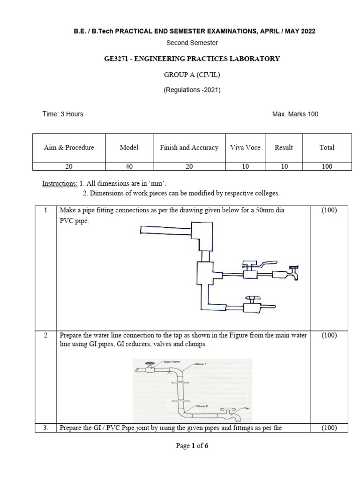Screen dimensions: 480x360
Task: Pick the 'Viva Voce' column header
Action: pos(245,147)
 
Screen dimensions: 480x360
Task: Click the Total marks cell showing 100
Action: pos(327,166)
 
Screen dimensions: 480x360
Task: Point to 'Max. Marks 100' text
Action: pos(295,114)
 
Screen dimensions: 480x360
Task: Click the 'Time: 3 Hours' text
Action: pos(63,114)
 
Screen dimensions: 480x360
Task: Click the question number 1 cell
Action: pos(45,210)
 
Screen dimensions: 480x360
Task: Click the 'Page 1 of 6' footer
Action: pos(192,446)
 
